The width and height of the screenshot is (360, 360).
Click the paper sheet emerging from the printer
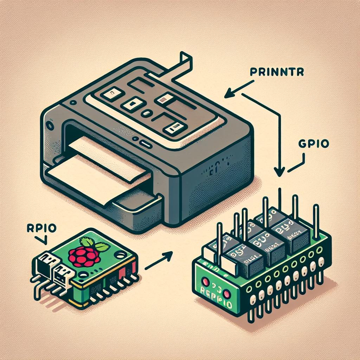tap(95, 171)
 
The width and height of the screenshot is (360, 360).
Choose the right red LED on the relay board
tap(227, 294)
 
